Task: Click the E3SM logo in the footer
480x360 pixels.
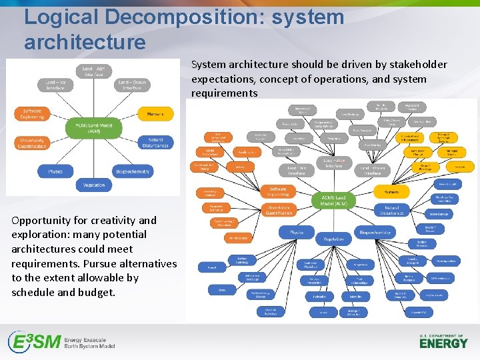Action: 33,342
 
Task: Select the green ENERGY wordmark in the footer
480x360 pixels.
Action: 443,343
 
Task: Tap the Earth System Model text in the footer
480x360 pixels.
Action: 89,347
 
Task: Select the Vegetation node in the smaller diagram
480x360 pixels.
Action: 94,185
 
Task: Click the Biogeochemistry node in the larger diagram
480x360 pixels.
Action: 375,233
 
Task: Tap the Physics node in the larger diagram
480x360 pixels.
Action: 297,233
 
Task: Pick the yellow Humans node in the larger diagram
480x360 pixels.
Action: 387,192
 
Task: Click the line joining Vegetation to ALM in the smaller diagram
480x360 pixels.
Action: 93,159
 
